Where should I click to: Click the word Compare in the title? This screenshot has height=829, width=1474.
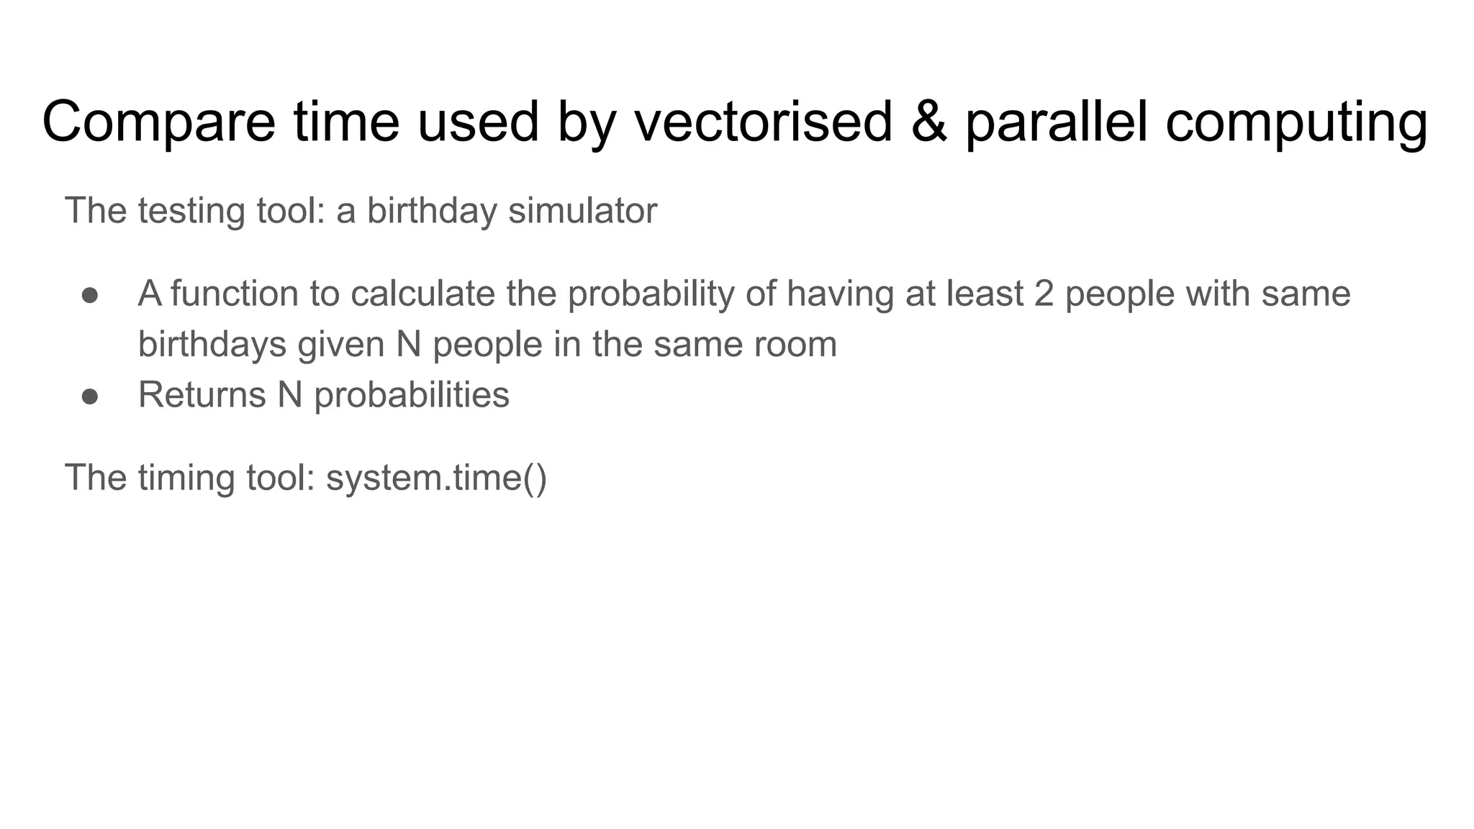click(158, 122)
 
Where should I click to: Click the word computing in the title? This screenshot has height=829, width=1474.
click(1296, 122)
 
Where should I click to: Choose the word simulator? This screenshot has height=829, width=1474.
click(582, 211)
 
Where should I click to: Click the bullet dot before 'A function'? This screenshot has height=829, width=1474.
click(90, 295)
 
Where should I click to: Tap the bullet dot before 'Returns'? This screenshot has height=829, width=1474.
click(90, 397)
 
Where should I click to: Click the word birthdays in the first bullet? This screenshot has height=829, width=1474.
click(212, 345)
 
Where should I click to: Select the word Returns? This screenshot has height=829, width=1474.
click(202, 395)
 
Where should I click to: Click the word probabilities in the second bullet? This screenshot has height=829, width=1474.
click(412, 396)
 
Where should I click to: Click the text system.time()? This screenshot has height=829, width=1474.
click(436, 478)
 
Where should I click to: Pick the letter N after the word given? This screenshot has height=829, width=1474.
click(408, 345)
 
